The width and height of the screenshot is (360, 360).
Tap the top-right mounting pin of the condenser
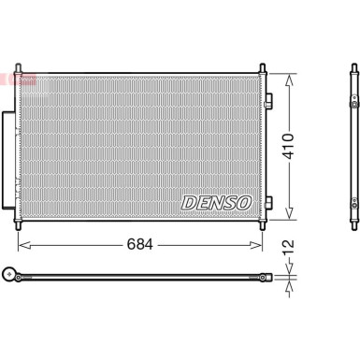(x=263, y=67)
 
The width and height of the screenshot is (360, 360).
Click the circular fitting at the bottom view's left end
(x=13, y=275)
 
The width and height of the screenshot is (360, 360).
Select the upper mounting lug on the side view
(x=355, y=96)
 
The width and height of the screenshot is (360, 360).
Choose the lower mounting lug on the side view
(x=355, y=201)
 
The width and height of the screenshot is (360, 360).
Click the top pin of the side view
(x=353, y=67)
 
